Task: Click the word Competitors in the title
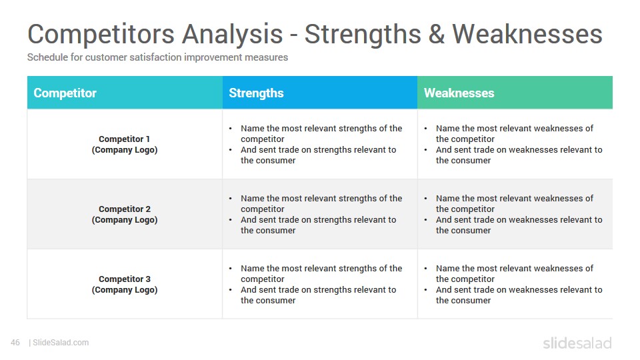pyautogui.click(x=101, y=34)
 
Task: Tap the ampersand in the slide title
pyautogui.click(x=436, y=34)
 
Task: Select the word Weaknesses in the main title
pyautogui.click(x=527, y=34)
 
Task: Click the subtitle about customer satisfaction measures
pyautogui.click(x=157, y=57)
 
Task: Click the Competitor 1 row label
pyautogui.click(x=125, y=145)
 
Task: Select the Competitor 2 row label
pyautogui.click(x=125, y=214)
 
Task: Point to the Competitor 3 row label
pyautogui.click(x=125, y=285)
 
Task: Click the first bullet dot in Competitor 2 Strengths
pyautogui.click(x=231, y=199)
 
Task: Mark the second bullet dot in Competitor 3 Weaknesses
pyautogui.click(x=426, y=290)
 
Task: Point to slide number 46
pyautogui.click(x=15, y=343)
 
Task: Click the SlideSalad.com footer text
pyautogui.click(x=61, y=343)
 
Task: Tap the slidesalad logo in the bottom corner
pyautogui.click(x=577, y=343)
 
